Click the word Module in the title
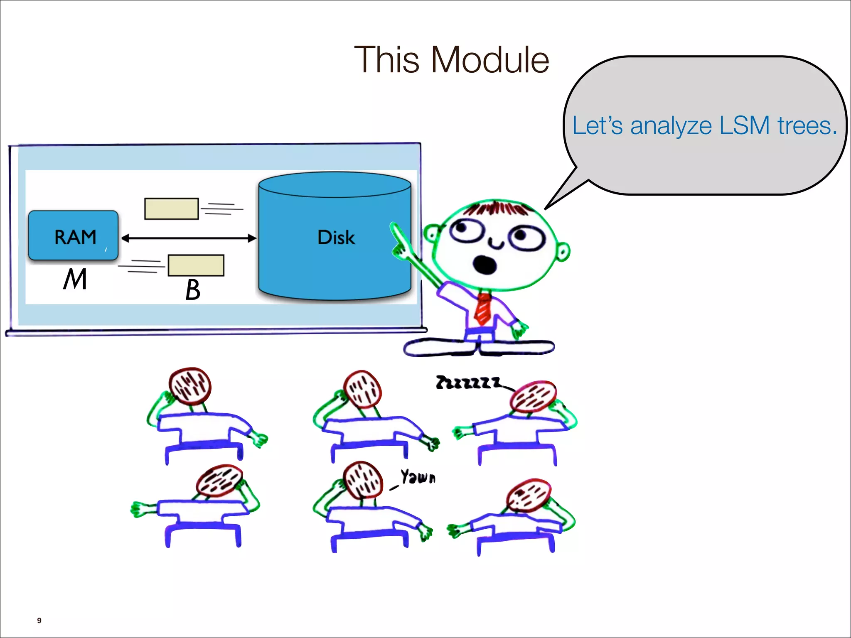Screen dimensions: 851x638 tap(490, 60)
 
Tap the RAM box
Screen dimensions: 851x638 tap(74, 236)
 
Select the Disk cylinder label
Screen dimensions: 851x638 tap(336, 238)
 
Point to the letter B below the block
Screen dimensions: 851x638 tap(192, 290)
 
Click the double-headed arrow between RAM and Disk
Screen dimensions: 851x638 tap(189, 238)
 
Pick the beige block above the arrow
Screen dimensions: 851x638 tap(171, 209)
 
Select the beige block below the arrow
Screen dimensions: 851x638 tap(196, 265)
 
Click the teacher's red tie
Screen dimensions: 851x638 tap(483, 308)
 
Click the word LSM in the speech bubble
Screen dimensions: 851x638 tap(744, 125)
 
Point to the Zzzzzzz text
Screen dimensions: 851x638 tap(467, 383)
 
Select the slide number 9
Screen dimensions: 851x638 tap(39, 620)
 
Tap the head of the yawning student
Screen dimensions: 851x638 tap(363, 480)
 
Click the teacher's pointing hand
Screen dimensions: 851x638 tap(399, 241)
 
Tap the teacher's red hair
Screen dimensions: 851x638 tap(497, 207)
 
